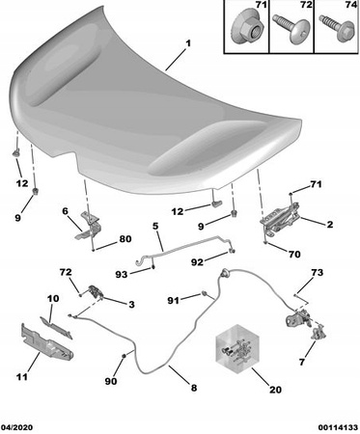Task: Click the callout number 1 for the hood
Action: point(188,43)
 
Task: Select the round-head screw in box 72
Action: point(291,28)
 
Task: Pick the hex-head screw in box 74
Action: point(335,28)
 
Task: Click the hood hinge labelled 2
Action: point(281,219)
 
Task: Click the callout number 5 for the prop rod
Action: point(155,226)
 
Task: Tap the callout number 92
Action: point(197,262)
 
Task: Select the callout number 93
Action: point(122,274)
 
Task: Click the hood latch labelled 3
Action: point(96,292)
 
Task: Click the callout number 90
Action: point(111,381)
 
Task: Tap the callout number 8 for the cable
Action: point(194,388)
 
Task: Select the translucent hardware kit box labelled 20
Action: point(237,349)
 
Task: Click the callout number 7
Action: point(302,362)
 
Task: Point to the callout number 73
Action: point(317,273)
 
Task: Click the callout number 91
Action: point(174,301)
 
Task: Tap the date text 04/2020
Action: point(17,427)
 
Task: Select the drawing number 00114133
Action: point(338,427)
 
